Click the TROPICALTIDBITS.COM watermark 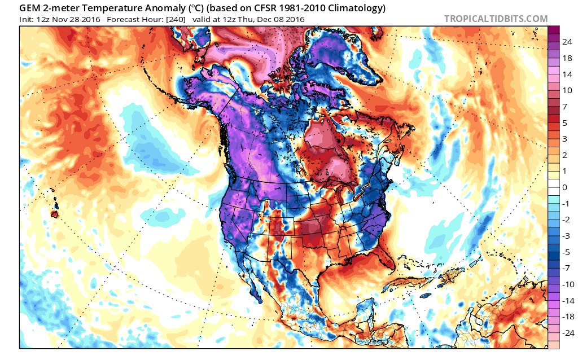point(496,19)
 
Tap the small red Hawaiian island point(55,214)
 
